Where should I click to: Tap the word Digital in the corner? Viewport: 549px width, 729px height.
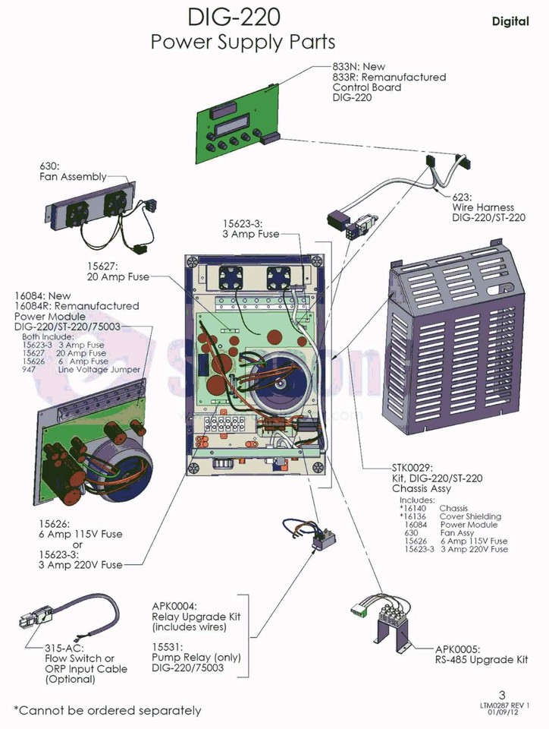point(510,21)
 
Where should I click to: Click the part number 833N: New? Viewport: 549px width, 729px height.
point(359,67)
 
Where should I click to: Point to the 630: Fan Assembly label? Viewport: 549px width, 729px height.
point(73,172)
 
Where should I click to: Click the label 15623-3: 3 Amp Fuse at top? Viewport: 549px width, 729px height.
point(251,229)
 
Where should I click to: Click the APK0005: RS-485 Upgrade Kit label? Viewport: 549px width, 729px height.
point(482,655)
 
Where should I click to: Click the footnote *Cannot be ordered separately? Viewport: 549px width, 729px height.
point(108,711)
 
